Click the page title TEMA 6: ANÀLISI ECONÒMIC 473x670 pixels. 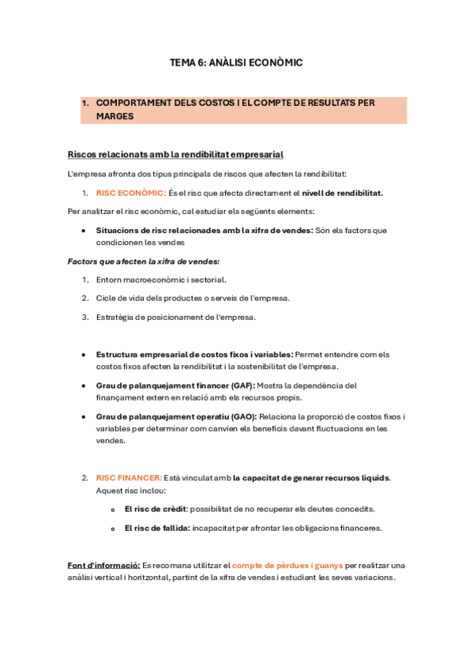coord(236,62)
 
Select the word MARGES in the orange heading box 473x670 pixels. coord(114,116)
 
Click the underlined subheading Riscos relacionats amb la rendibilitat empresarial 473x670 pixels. coord(175,154)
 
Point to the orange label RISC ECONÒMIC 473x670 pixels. coord(131,193)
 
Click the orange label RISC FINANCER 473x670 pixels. coord(129,478)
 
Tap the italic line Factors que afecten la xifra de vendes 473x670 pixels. coord(143,261)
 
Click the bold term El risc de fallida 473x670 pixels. coord(157,528)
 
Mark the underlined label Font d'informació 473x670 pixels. coord(103,566)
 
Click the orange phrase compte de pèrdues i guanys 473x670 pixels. coord(287,566)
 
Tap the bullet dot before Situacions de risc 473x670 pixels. coord(84,231)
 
